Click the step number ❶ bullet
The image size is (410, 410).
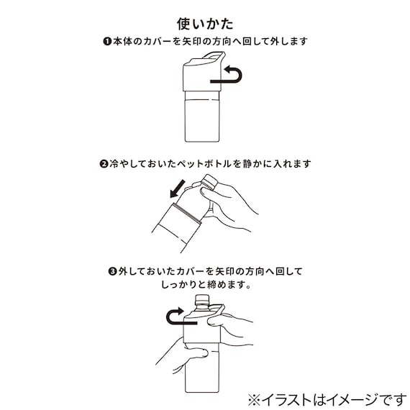pyautogui.click(x=105, y=42)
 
